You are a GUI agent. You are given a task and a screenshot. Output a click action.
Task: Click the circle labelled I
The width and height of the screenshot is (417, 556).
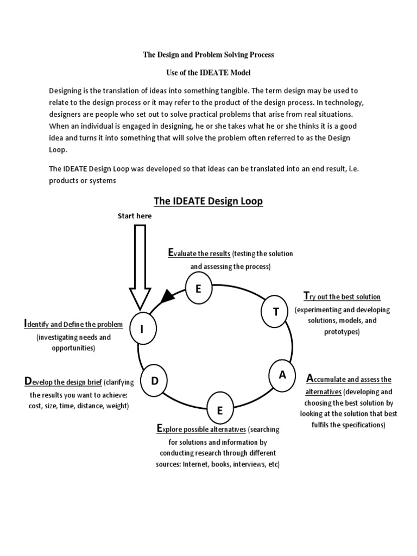click(x=142, y=329)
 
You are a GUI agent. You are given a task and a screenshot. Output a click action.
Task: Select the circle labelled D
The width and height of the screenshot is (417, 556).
click(x=154, y=381)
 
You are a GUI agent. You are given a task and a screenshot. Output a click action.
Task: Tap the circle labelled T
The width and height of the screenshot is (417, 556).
click(x=276, y=311)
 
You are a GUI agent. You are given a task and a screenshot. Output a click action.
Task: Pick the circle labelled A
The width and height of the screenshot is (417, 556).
click(x=282, y=375)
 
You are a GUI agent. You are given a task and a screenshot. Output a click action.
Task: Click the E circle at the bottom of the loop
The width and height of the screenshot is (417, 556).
click(x=219, y=410)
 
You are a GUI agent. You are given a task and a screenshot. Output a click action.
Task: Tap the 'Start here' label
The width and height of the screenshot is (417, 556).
click(x=135, y=216)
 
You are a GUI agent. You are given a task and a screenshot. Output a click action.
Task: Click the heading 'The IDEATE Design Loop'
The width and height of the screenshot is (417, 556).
click(x=208, y=201)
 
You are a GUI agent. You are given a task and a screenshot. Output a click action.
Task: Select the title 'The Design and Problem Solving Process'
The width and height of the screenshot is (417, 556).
click(x=208, y=54)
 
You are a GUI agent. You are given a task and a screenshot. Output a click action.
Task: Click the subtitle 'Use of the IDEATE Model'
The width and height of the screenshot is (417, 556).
click(x=208, y=72)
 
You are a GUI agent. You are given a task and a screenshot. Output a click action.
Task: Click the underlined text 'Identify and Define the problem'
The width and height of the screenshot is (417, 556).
click(x=73, y=324)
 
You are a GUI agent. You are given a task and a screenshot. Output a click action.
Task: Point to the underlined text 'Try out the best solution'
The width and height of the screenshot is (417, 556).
click(x=342, y=296)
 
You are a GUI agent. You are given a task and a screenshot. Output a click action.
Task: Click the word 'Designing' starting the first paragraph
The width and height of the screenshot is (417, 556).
click(x=65, y=91)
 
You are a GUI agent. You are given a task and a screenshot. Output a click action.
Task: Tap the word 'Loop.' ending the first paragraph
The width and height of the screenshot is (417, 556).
click(x=58, y=149)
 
